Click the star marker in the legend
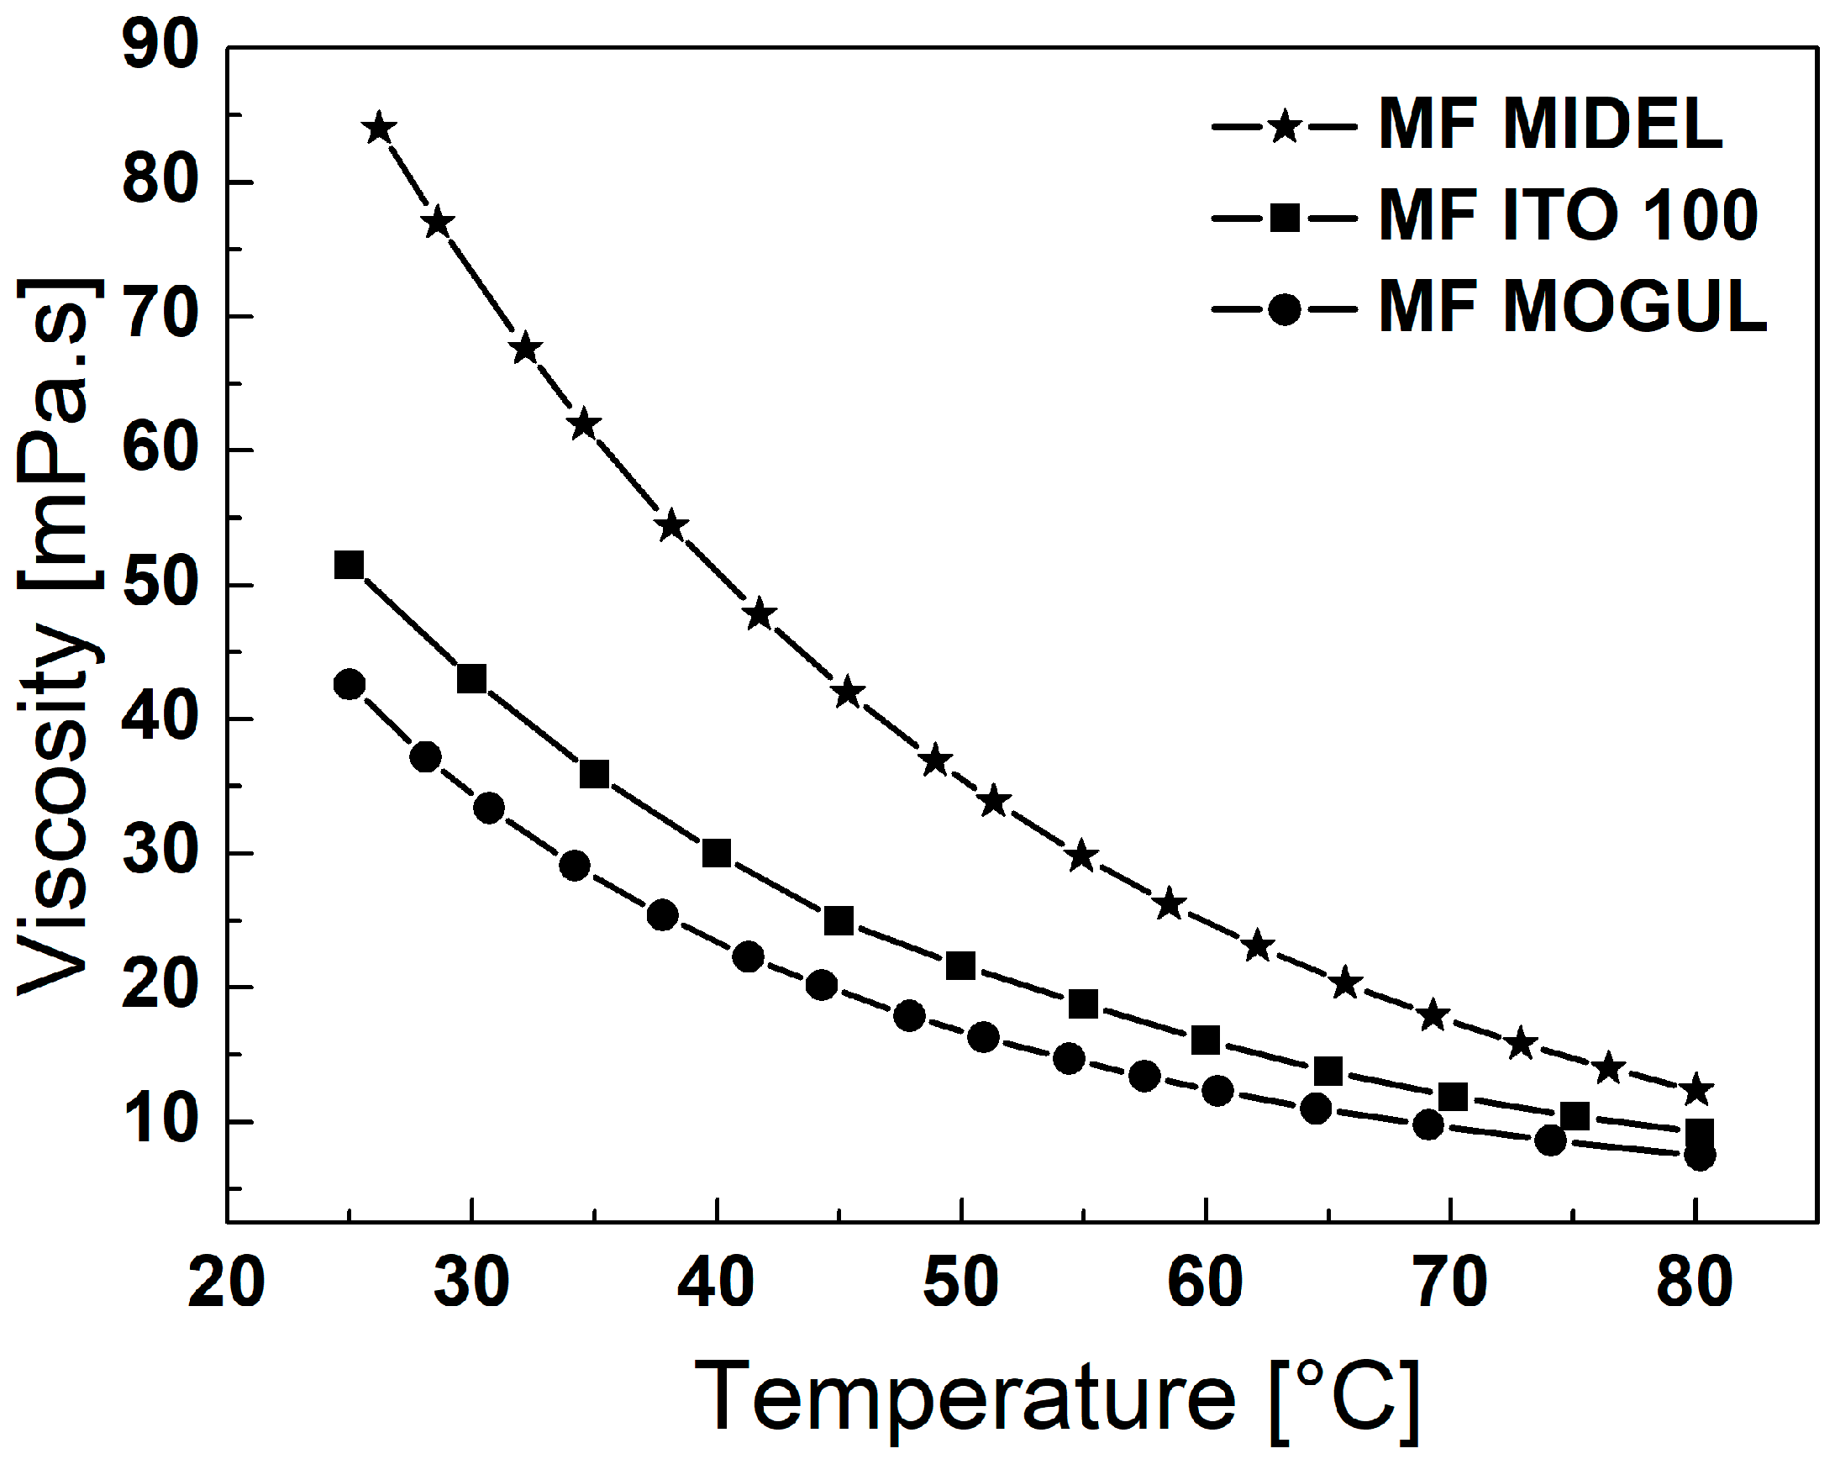[x=1285, y=128]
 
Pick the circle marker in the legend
[x=1285, y=308]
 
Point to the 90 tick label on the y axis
[x=160, y=47]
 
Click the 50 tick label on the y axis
[x=160, y=585]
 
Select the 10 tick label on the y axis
[x=160, y=1122]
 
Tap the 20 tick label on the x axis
[x=225, y=1283]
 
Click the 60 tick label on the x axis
[x=1205, y=1283]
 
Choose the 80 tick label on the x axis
[x=1695, y=1283]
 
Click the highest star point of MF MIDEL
[x=379, y=129]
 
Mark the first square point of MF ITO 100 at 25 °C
[x=349, y=565]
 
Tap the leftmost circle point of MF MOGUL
[x=350, y=684]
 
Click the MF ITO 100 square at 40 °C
[x=717, y=853]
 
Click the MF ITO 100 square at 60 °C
[x=1205, y=1040]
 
